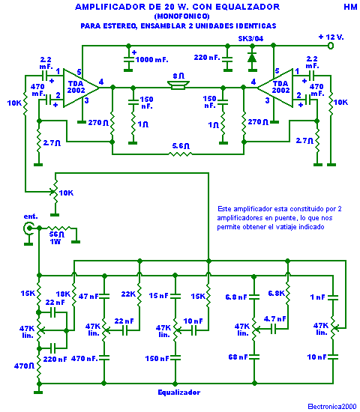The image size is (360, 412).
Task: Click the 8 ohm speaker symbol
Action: (178, 85)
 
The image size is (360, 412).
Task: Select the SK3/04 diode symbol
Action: (252, 58)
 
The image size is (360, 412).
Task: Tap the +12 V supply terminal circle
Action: (331, 46)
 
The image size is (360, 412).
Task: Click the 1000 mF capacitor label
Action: (151, 60)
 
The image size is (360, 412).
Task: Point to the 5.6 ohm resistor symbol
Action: (180, 154)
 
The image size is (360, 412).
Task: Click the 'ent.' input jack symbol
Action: (28, 228)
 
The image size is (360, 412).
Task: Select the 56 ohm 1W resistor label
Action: (56, 237)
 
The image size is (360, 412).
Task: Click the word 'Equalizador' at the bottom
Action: (179, 393)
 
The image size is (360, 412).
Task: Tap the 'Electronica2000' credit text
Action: (332, 407)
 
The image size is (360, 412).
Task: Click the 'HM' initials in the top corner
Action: (350, 7)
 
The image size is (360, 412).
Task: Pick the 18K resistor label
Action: (63, 294)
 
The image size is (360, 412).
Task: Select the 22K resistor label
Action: (128, 294)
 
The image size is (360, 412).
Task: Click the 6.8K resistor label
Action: (276, 293)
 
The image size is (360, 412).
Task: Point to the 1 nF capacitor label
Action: (318, 297)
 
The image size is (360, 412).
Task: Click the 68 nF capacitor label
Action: (238, 357)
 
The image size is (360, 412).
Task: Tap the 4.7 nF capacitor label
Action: (275, 319)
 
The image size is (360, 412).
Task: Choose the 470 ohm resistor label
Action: (24, 366)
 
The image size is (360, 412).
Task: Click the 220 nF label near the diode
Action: (207, 57)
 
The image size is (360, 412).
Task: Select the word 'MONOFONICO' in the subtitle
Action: (181, 16)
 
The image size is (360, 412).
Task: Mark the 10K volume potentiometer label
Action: (66, 193)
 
